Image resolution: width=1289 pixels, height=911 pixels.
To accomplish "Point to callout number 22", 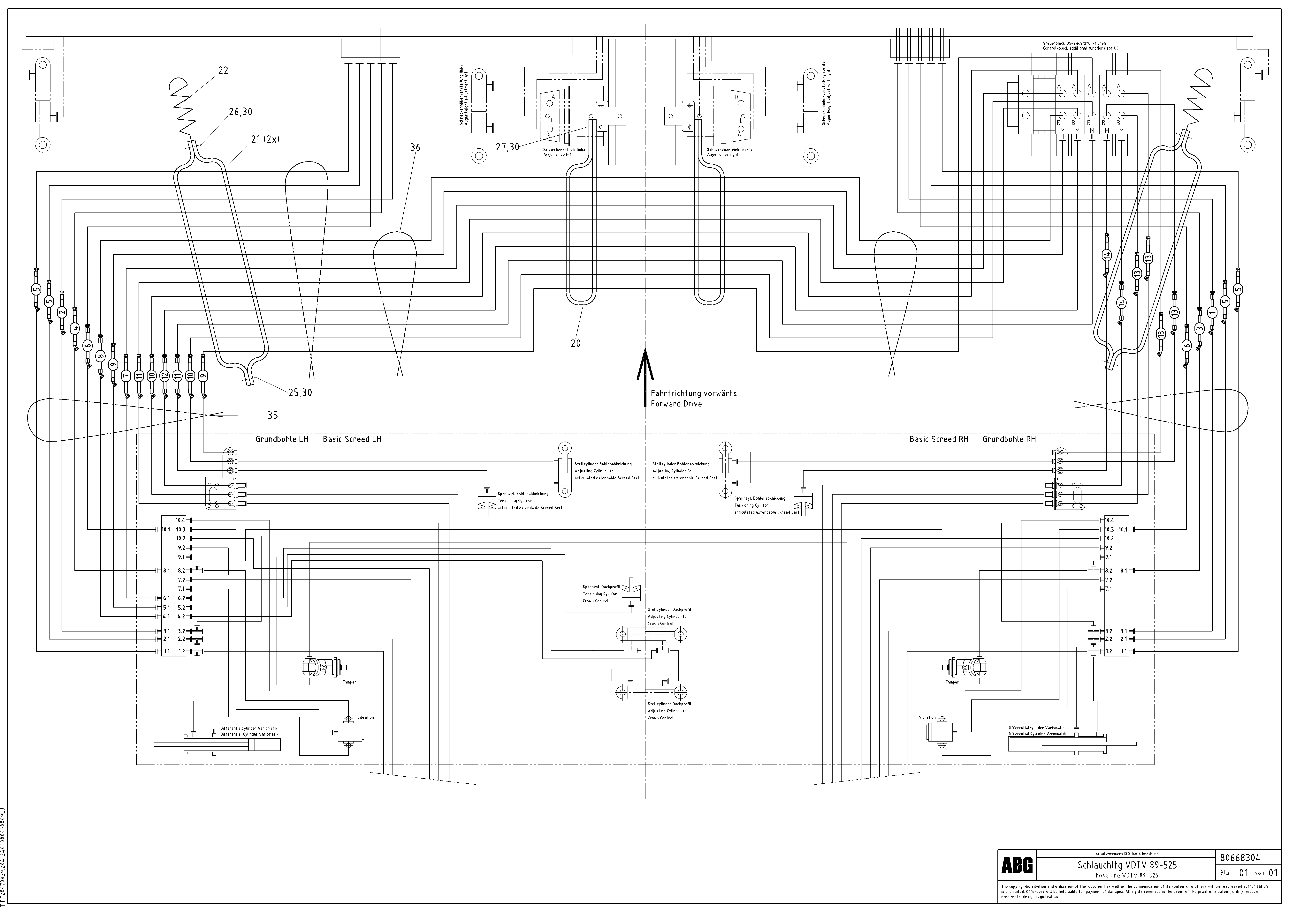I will point(223,71).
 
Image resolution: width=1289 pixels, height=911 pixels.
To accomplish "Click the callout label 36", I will point(415,147).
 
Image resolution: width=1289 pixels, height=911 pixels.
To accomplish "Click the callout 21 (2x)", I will point(265,139).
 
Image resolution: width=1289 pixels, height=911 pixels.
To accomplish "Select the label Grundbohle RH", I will point(1009,439).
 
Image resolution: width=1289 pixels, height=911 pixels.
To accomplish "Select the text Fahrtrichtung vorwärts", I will point(693,393).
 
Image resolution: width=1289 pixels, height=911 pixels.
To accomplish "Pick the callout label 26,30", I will point(240,112).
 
